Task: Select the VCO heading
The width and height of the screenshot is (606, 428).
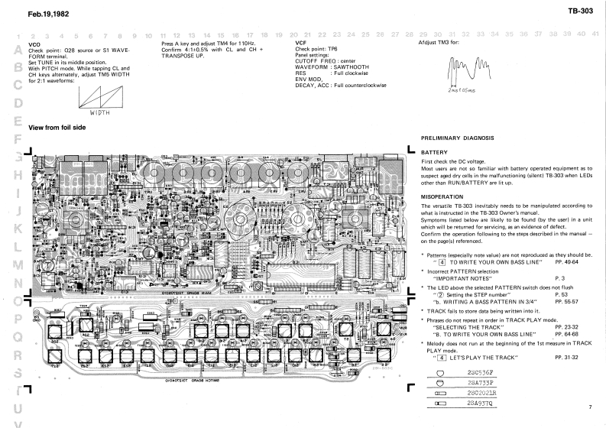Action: (34, 45)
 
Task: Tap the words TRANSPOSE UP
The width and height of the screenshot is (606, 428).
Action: (186, 56)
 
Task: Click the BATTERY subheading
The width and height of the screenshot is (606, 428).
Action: (434, 152)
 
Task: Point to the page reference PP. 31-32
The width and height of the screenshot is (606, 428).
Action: (569, 357)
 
